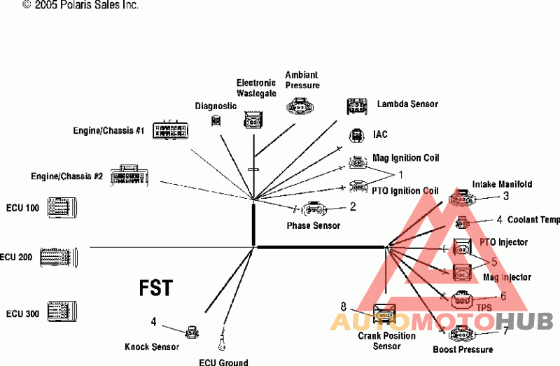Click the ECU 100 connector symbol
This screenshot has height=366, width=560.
point(62,207)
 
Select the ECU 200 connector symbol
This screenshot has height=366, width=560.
point(59,257)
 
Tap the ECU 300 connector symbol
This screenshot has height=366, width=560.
point(62,311)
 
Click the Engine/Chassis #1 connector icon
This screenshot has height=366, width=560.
point(170,130)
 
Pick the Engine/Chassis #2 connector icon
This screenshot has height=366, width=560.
point(129,176)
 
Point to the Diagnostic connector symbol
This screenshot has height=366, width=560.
point(216,120)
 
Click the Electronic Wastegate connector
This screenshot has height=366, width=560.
point(253,120)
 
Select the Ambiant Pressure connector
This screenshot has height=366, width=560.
point(300,106)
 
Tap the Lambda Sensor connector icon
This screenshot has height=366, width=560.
point(357,107)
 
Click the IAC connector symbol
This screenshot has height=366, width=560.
point(356,136)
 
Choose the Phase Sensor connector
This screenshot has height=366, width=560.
point(314,209)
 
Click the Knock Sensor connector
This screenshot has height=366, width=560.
point(192,332)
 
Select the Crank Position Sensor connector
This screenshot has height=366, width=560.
point(384,314)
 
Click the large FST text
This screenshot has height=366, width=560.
point(156,288)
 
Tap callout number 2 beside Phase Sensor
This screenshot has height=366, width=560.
point(353,206)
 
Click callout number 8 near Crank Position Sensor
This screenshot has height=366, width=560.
point(344,307)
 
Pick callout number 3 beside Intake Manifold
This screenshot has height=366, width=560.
point(505,196)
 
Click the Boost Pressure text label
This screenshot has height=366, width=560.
point(463,349)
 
